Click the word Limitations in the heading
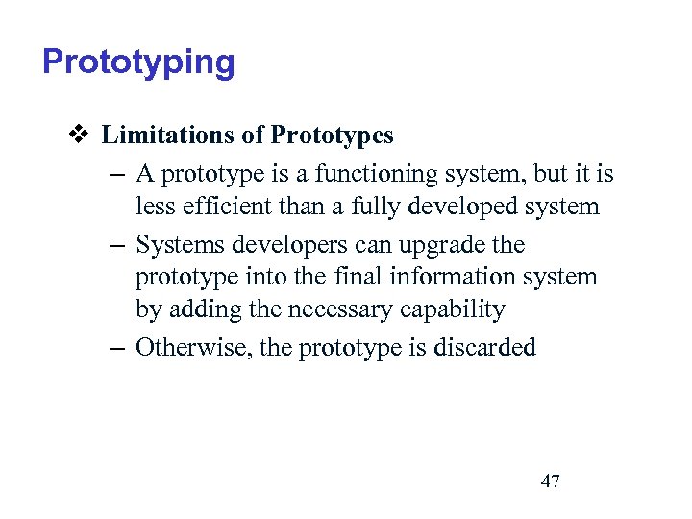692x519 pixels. tap(168, 136)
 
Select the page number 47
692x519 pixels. tap(550, 482)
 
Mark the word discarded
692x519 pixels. tap(484, 347)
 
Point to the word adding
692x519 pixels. tap(200, 309)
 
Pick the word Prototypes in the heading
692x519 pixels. tap(333, 136)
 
